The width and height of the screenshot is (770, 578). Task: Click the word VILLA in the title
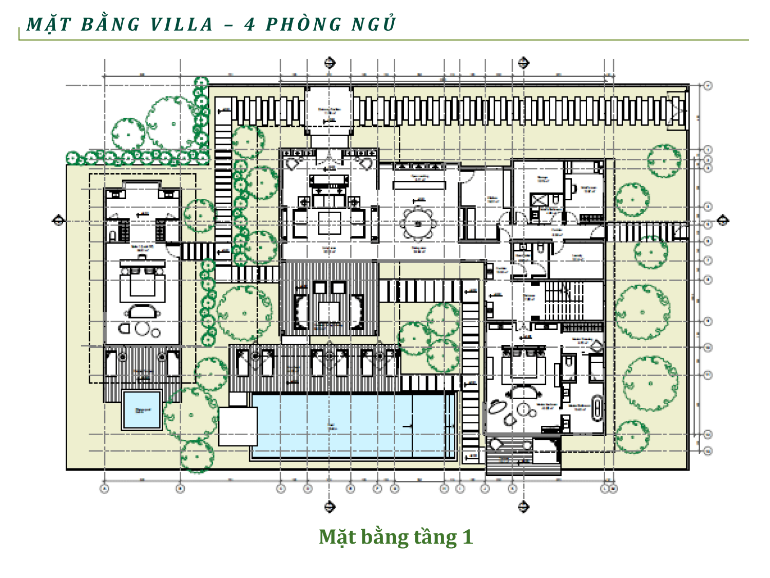182,24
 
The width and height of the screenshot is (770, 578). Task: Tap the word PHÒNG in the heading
303,24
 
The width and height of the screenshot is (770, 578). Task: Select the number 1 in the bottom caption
467,537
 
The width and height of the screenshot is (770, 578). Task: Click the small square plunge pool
142,410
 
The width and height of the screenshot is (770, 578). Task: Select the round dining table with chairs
418,223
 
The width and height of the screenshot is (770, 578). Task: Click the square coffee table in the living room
329,222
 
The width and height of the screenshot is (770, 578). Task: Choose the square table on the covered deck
329,311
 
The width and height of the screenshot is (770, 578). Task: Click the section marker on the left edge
59,220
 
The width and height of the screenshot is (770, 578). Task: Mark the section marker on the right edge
722,220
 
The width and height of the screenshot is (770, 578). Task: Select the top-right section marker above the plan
523,63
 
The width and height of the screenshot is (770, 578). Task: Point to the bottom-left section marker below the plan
330,507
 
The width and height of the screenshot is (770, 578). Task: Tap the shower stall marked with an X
539,200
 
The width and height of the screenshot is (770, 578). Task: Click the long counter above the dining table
419,183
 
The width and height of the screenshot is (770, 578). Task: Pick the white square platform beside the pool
238,426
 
